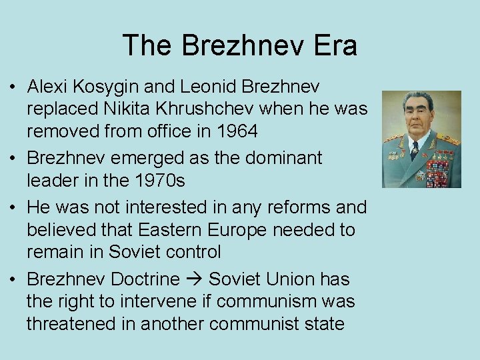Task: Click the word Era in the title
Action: (334, 46)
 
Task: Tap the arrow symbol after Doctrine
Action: (194, 279)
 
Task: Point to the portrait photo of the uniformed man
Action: (421, 139)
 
